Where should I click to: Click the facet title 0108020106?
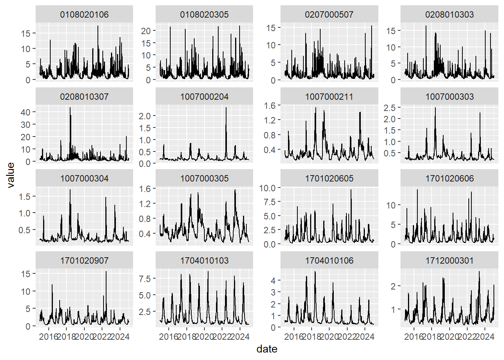[x=84, y=15]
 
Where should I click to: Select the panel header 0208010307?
[x=84, y=97]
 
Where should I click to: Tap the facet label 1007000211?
[x=329, y=97]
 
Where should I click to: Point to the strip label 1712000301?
[x=449, y=261]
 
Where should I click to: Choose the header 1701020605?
[x=329, y=178]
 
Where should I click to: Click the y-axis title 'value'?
[x=10, y=175]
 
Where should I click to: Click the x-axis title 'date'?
[x=267, y=349]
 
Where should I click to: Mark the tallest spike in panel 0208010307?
[x=70, y=108]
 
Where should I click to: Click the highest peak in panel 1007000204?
[x=226, y=108]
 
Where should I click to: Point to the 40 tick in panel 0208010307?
[x=25, y=112]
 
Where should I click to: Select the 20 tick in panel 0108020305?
[x=145, y=31]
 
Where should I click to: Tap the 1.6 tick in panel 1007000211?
[x=270, y=105]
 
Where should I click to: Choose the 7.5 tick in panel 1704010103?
[x=145, y=279]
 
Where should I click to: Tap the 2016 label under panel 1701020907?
[x=49, y=336]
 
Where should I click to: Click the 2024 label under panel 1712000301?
[x=485, y=336]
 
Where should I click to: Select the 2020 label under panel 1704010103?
[x=204, y=336]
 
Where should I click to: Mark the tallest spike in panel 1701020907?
[x=106, y=271]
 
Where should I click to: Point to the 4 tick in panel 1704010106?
[x=273, y=280]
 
